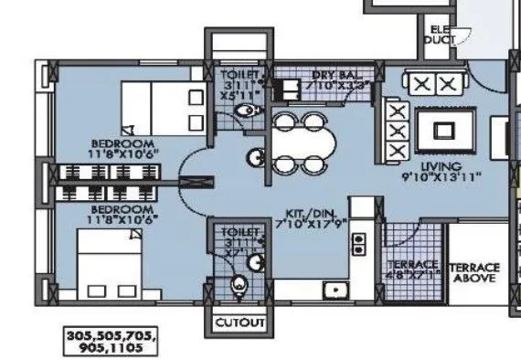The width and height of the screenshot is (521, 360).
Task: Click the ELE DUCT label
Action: click(441, 35)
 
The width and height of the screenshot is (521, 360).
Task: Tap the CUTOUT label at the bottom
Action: click(240, 323)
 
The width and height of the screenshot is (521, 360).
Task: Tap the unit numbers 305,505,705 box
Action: click(112, 342)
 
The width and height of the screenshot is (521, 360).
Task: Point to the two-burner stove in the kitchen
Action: click(359, 244)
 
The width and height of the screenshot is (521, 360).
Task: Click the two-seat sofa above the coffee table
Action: click(433, 84)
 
